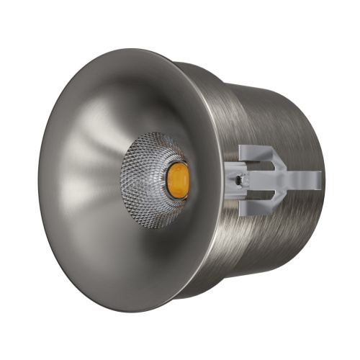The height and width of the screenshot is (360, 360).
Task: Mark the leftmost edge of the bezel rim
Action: point(39,180)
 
